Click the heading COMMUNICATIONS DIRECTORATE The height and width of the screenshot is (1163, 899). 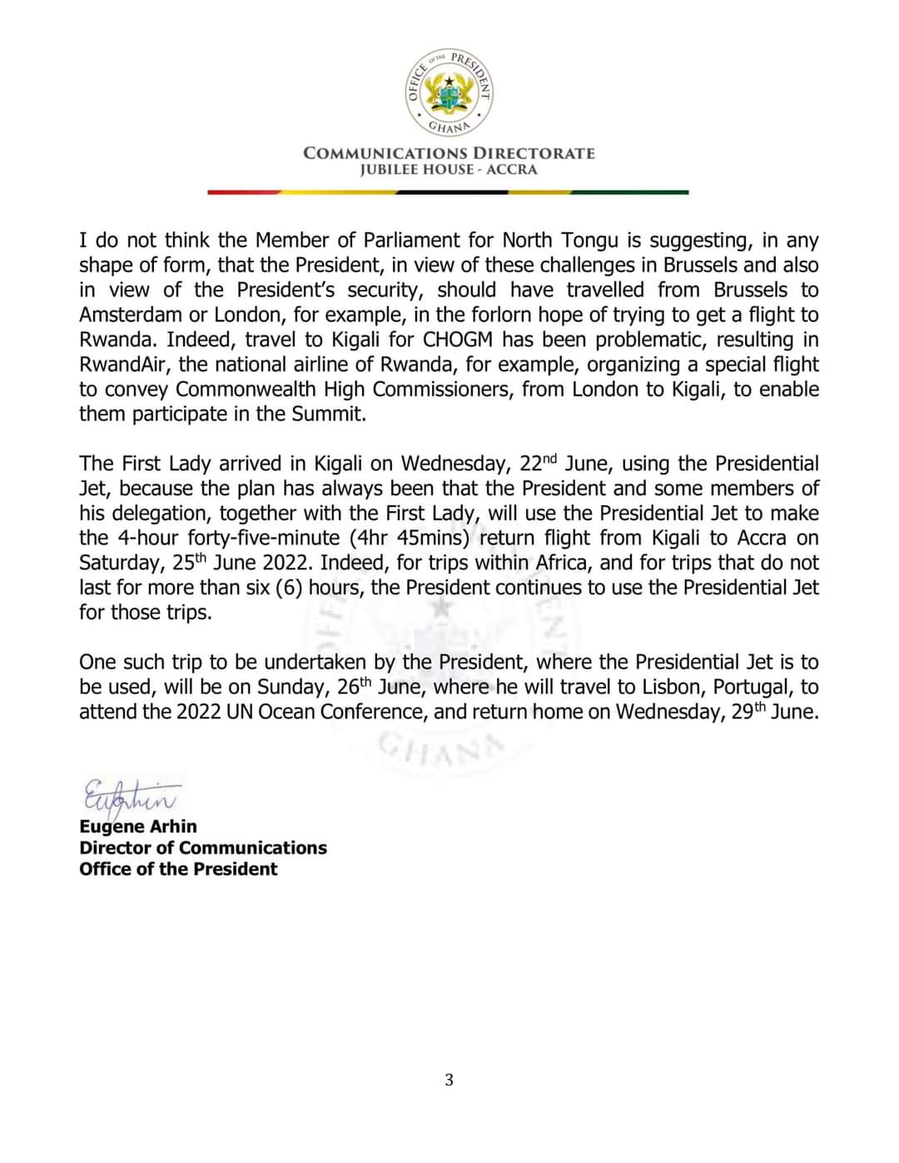(449, 153)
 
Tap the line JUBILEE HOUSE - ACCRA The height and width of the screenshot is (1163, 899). (449, 170)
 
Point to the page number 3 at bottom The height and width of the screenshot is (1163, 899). (449, 1081)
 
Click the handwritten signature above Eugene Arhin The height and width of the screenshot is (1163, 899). (129, 796)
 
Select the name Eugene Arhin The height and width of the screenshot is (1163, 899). (138, 827)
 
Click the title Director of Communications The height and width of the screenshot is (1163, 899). (203, 847)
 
